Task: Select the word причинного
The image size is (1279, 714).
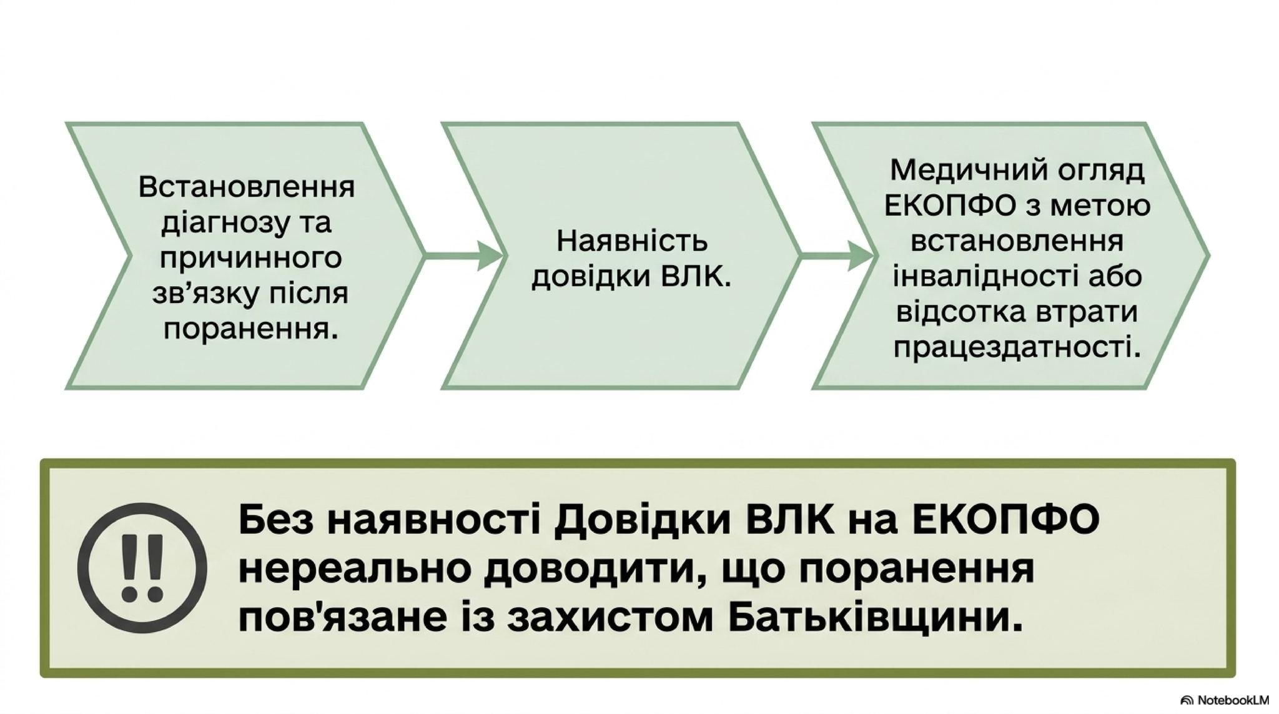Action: pos(250,258)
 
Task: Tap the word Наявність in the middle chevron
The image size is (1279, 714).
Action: pos(632,240)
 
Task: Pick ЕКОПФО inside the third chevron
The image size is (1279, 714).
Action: pos(951,206)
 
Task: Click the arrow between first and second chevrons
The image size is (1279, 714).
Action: pos(463,255)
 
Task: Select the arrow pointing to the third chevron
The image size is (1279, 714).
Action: pos(837,255)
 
